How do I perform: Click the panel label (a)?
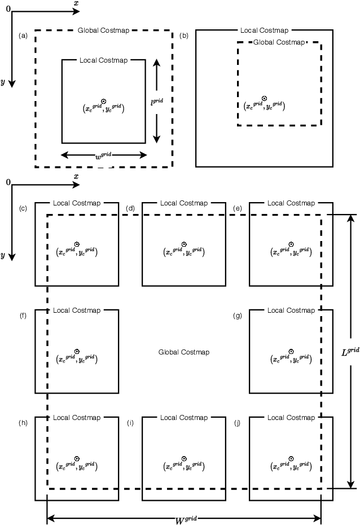23,36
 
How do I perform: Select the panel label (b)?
184,36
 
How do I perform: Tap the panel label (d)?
130,209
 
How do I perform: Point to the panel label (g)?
238,316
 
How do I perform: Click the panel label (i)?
130,423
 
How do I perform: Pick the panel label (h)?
23,423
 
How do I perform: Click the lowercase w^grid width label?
103,155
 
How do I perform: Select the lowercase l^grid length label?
156,102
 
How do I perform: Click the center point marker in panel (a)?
103,100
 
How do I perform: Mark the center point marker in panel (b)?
264,98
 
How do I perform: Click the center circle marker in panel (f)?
77,351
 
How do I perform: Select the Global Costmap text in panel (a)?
104,29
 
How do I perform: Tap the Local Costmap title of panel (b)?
264,30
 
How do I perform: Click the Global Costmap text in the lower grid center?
184,352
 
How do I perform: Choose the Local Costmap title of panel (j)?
291,418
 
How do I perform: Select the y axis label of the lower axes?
3,255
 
